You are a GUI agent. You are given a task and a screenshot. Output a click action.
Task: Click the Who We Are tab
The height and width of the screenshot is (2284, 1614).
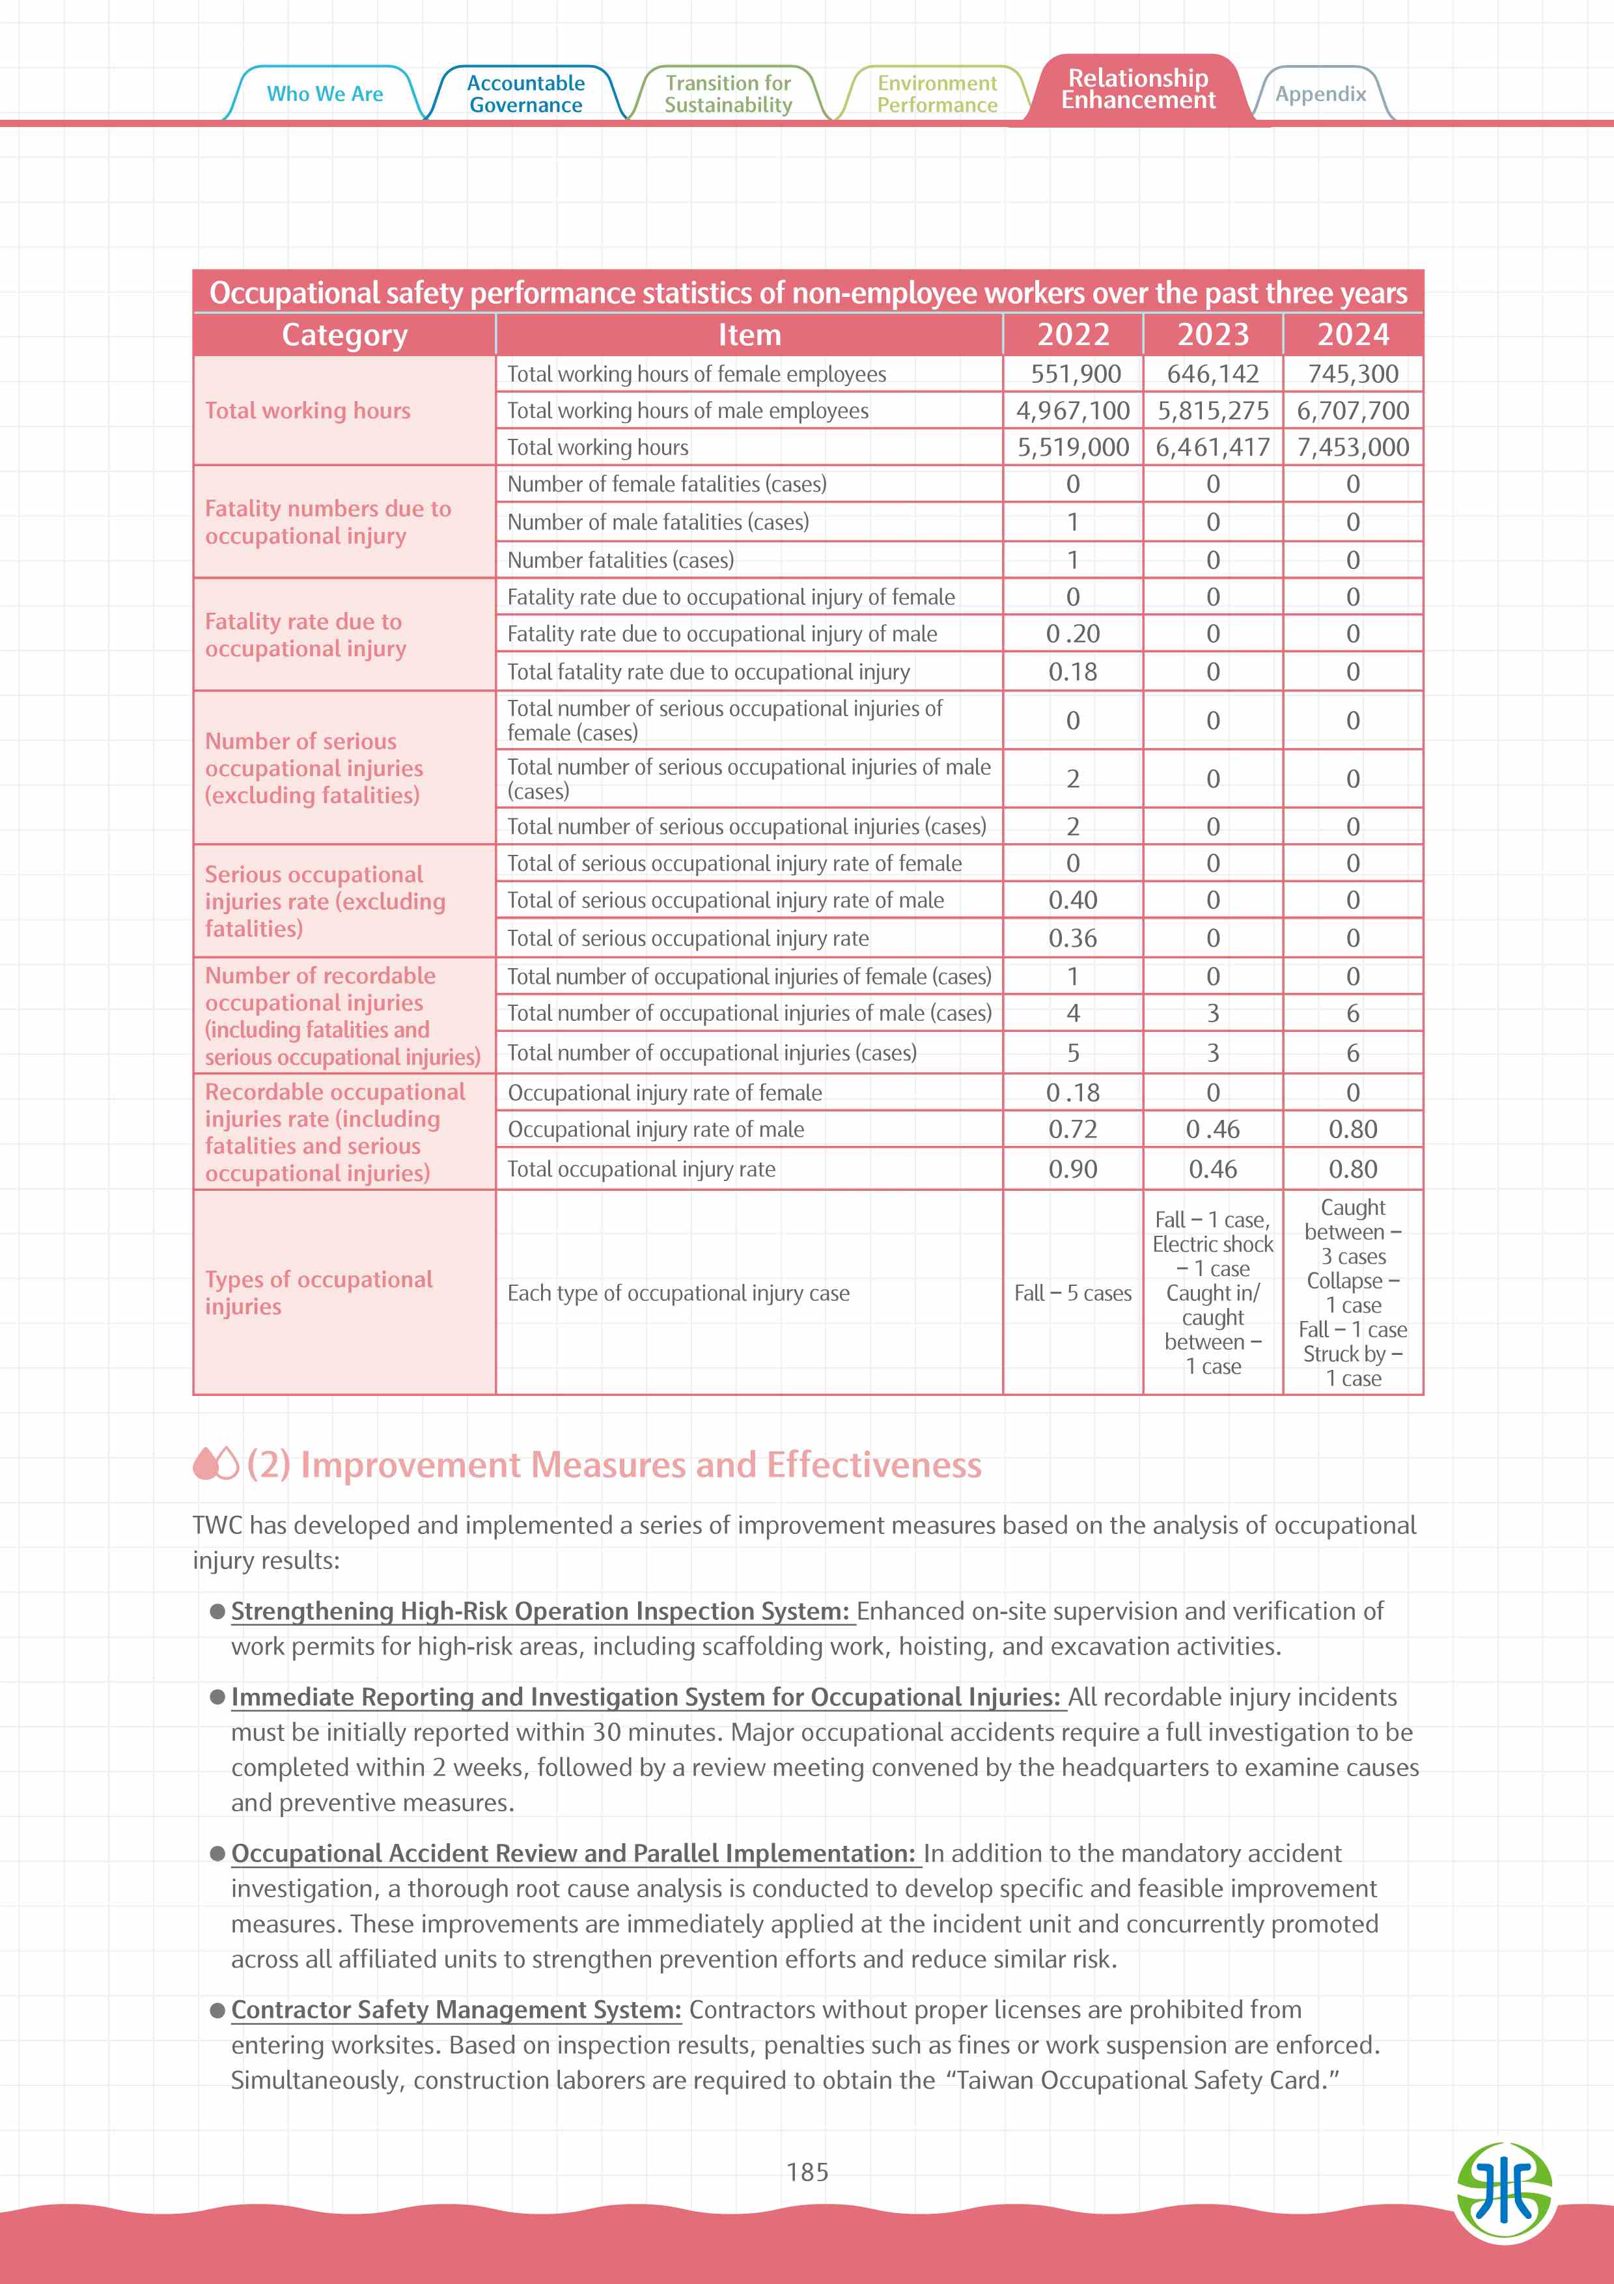click(x=324, y=94)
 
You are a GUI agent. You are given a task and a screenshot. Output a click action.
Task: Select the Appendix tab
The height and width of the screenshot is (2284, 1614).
click(x=1320, y=94)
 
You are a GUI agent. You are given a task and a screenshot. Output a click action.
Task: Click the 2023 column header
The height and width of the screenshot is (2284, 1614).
click(x=1212, y=334)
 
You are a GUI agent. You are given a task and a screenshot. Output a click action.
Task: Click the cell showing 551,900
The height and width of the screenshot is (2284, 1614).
click(x=1072, y=374)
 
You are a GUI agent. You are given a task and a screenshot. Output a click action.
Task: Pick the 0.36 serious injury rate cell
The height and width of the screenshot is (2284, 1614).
click(x=1072, y=938)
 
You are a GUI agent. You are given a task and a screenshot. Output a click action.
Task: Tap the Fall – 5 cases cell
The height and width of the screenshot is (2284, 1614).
click(x=1072, y=1293)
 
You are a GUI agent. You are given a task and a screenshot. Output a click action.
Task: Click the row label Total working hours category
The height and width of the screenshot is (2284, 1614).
click(x=307, y=411)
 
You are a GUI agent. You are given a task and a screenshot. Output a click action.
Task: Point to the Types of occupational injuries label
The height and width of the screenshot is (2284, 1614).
click(x=318, y=1292)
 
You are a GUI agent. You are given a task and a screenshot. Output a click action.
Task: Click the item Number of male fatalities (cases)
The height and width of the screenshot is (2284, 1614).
click(x=658, y=522)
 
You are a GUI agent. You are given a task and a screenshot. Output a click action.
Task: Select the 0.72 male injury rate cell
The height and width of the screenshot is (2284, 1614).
click(x=1072, y=1129)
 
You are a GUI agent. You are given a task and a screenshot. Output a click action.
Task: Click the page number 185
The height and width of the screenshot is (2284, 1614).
click(x=807, y=2173)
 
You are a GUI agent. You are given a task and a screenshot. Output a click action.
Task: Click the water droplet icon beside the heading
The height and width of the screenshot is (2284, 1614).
click(x=216, y=1464)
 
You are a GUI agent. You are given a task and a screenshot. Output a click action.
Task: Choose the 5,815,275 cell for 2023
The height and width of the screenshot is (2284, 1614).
click(x=1212, y=411)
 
